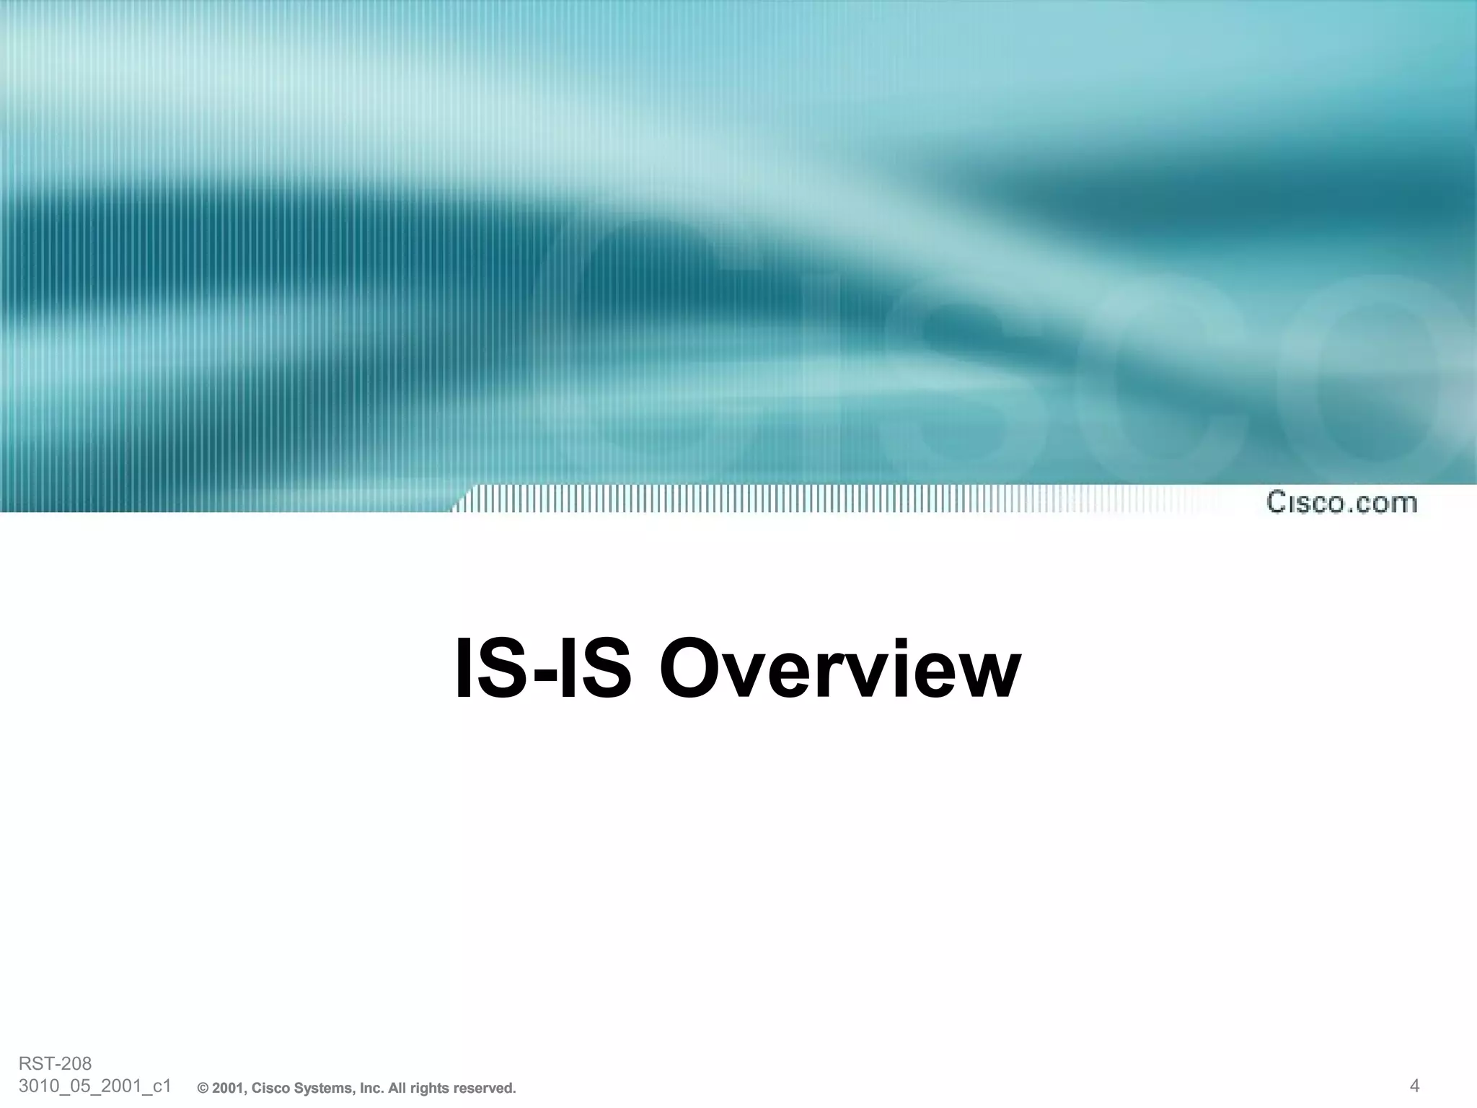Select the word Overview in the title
[839, 669]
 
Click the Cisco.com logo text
[1341, 502]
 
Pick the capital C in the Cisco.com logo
[1278, 502]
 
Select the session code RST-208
[56, 1063]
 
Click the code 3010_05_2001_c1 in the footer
[94, 1086]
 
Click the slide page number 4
[1414, 1085]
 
